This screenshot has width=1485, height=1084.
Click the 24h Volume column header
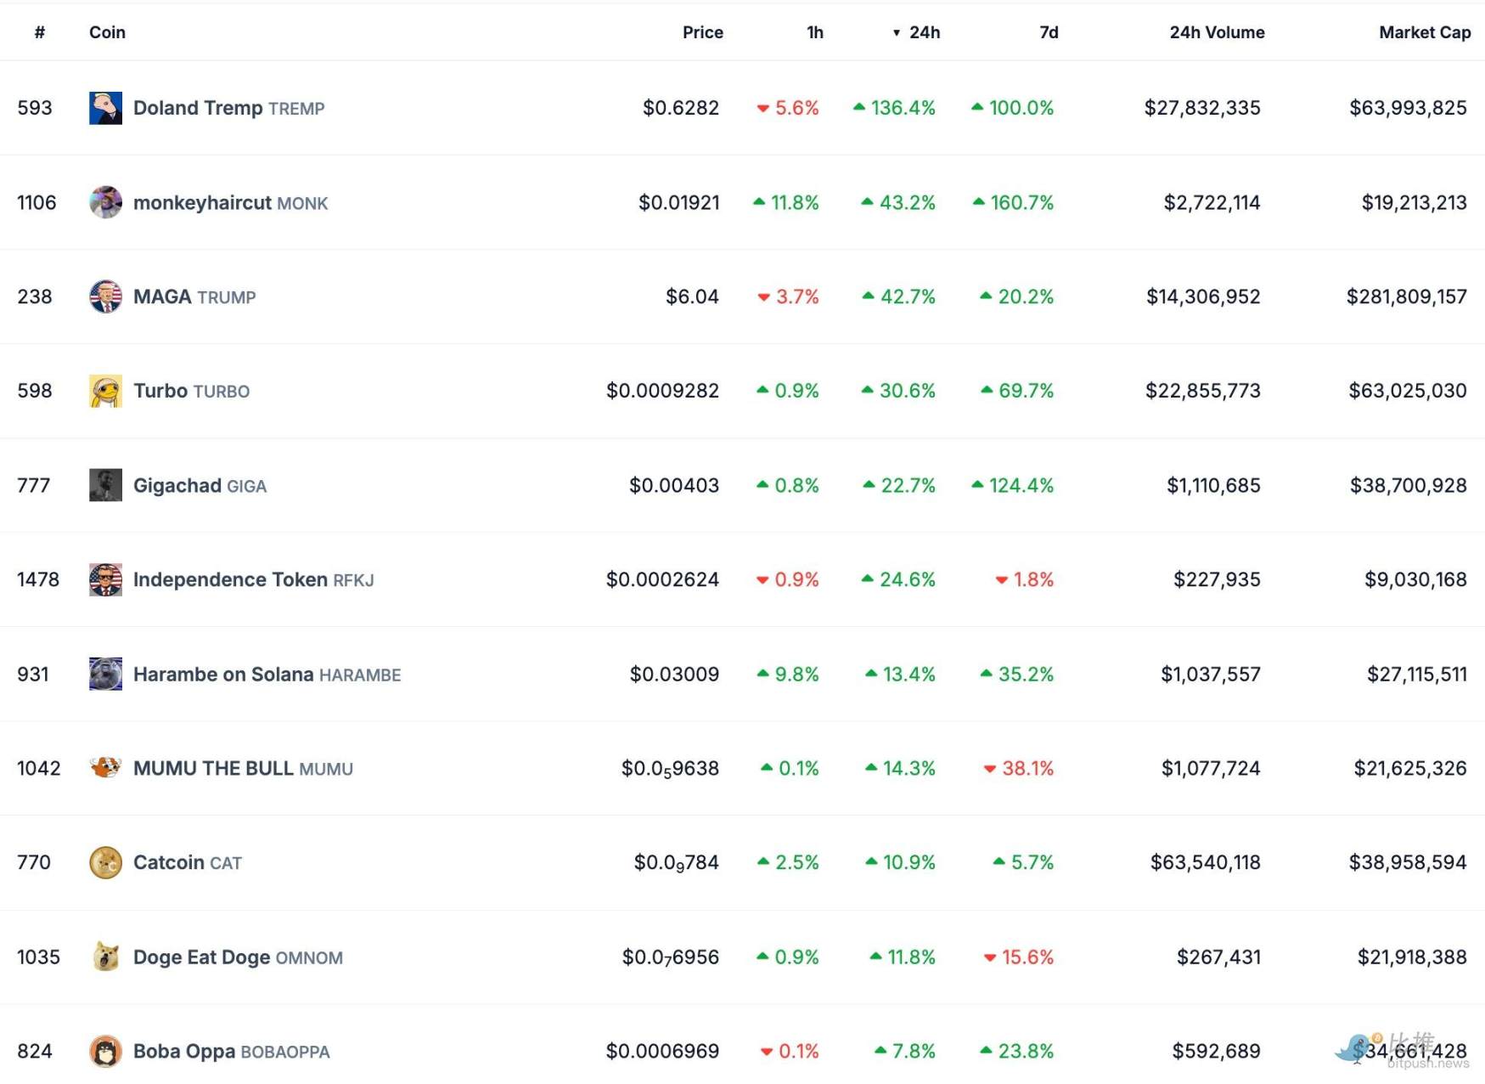point(1216,32)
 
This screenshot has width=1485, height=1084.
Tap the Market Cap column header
point(1424,32)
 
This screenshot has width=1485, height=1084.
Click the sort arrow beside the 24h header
point(896,33)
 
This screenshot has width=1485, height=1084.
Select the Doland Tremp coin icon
point(105,108)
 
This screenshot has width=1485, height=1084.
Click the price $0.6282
point(680,108)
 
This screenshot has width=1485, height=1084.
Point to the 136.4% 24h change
point(902,108)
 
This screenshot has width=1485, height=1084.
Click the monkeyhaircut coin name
point(202,203)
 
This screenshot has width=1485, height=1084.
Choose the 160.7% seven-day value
point(1021,203)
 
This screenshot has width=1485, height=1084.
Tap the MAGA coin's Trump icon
point(105,296)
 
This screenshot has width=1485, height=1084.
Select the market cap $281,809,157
point(1406,296)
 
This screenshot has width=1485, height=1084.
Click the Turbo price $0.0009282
point(662,391)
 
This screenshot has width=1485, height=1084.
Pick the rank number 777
point(34,485)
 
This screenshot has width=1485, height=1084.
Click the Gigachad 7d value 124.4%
point(1021,485)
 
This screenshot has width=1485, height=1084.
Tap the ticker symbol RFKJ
point(353,580)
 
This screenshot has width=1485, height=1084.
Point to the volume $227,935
point(1216,579)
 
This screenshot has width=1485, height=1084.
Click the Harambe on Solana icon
point(105,674)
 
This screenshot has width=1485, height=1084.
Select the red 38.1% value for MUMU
point(1027,768)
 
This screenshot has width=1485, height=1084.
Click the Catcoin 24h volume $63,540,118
point(1205,862)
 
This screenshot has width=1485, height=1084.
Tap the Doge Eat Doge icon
point(105,957)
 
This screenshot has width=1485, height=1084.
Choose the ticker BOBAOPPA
point(285,1052)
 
